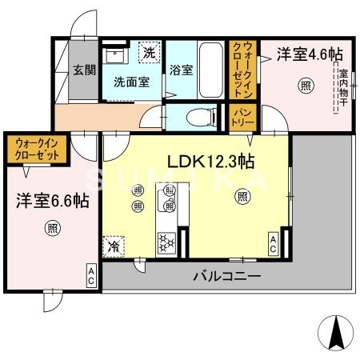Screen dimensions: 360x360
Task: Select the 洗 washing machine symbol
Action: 149,54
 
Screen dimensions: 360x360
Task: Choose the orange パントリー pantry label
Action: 243,117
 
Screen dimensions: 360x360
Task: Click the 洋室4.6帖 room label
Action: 310,54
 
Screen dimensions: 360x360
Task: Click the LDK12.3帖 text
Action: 211,161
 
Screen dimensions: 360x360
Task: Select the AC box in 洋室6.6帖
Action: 91,277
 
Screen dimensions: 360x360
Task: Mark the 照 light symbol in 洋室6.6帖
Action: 50,226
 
